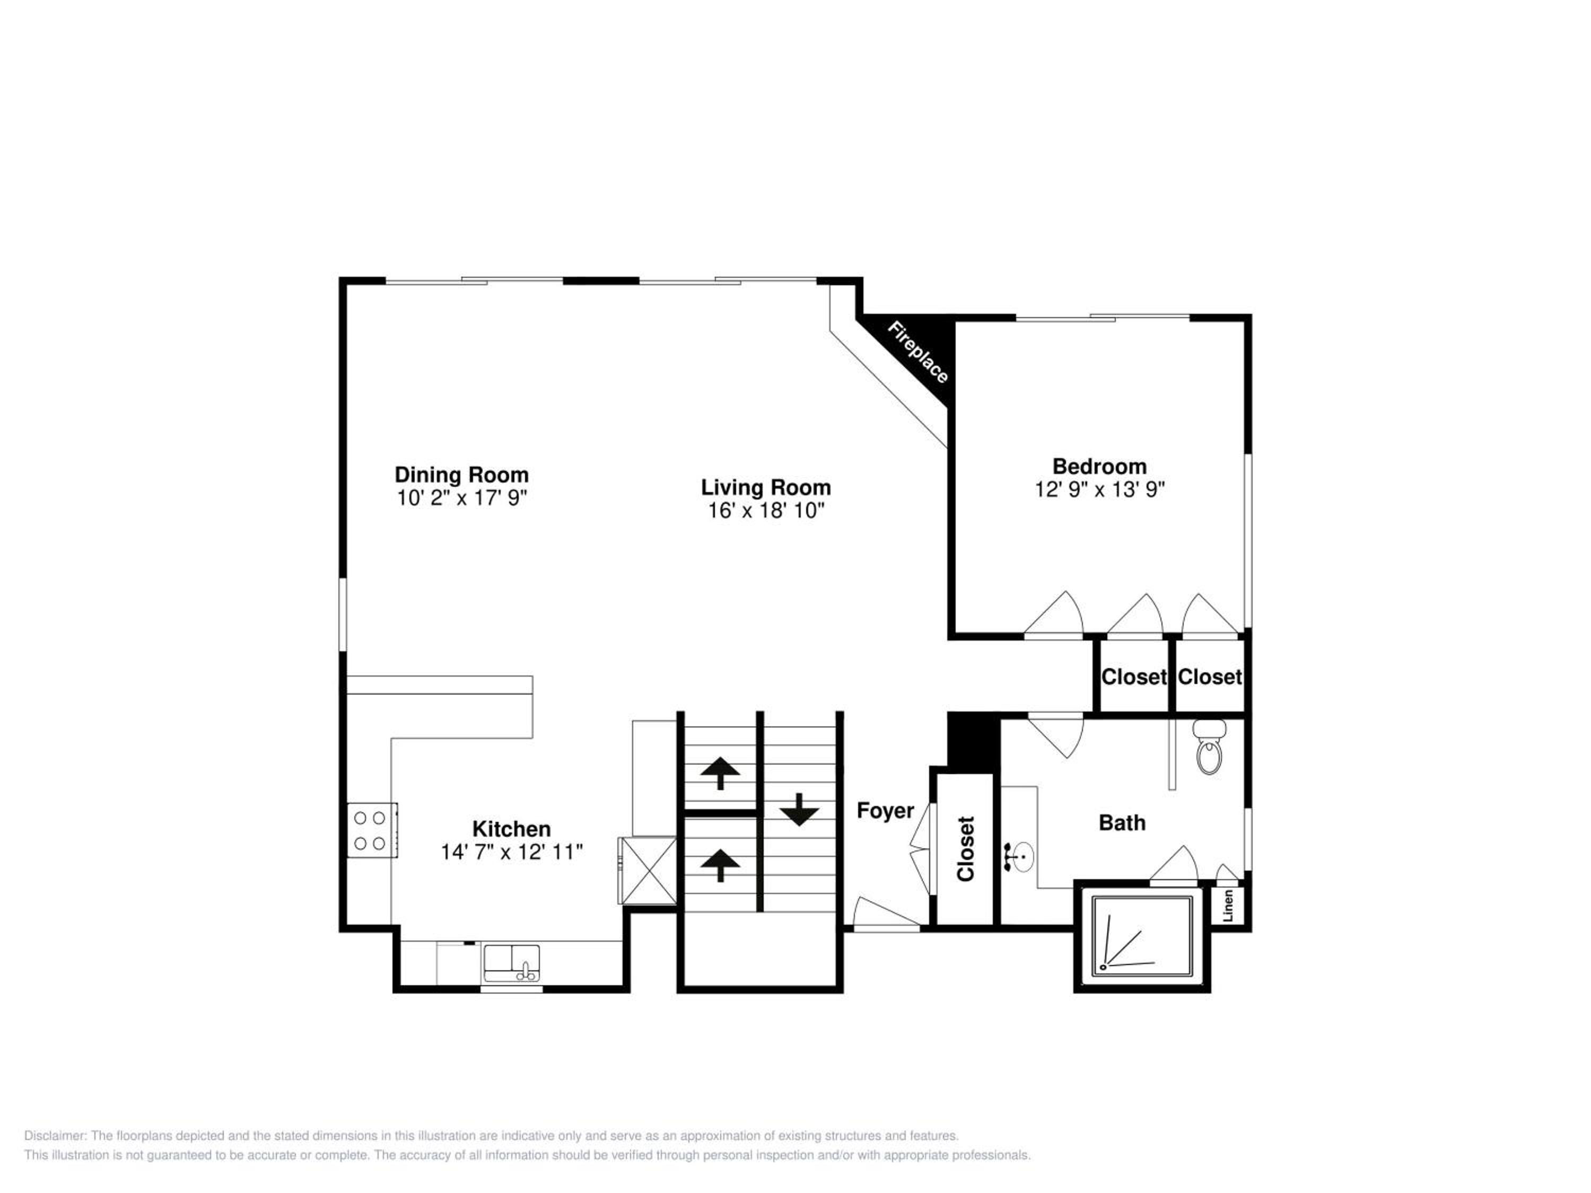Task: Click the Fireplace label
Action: (x=918, y=352)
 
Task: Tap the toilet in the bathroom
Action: (x=1210, y=747)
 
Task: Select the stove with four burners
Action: (x=372, y=830)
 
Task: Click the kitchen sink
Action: (x=511, y=963)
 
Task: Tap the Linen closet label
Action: (x=1228, y=906)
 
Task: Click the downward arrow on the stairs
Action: (x=799, y=809)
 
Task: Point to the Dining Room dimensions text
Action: (x=462, y=498)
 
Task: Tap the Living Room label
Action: (x=766, y=488)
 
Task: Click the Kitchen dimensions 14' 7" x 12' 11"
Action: (x=511, y=852)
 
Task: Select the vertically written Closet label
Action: (x=965, y=848)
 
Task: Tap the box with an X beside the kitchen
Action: (x=648, y=870)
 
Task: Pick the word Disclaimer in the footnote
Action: (x=55, y=1136)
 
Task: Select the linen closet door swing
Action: (x=1228, y=872)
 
